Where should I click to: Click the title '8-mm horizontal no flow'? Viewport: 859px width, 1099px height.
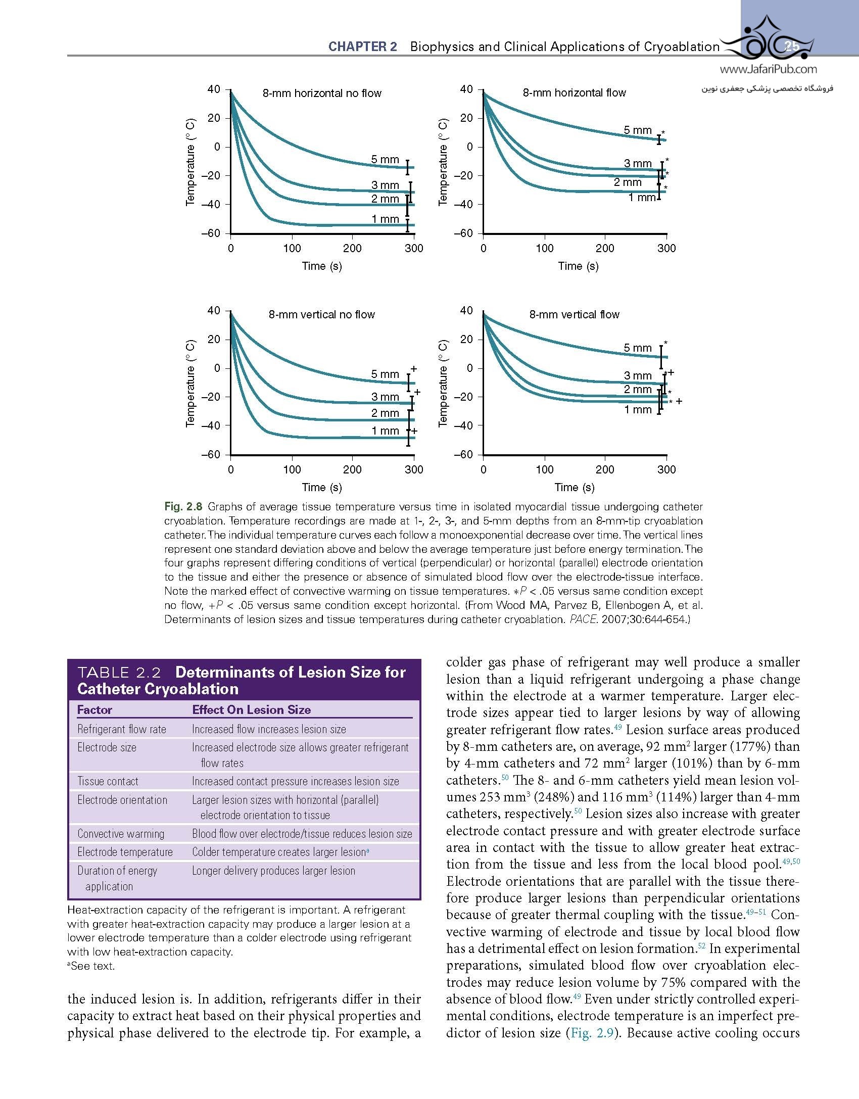tap(322, 93)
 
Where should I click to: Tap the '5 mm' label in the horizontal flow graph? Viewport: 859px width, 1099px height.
tap(638, 130)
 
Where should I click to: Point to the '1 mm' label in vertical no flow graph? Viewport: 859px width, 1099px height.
tap(385, 431)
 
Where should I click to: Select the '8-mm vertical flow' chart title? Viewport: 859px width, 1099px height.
tap(574, 314)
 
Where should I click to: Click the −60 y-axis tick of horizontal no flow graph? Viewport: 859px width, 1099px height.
tap(211, 233)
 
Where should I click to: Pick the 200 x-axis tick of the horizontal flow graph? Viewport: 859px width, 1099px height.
tap(605, 248)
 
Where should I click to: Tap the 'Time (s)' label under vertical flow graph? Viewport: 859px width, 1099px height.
tap(575, 487)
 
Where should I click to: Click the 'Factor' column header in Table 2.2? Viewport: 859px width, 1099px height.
tap(94, 710)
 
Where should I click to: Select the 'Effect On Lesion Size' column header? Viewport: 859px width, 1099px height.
tap(251, 710)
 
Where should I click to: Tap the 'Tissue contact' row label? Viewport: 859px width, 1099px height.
tap(108, 781)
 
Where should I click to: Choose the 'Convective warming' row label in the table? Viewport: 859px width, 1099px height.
tap(121, 834)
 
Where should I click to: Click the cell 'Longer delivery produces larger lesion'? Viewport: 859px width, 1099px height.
tap(273, 871)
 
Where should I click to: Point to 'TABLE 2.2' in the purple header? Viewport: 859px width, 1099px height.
tap(119, 673)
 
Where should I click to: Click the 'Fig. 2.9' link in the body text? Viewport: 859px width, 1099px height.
tap(591, 1033)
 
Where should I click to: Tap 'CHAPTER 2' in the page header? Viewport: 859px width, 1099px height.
tap(362, 47)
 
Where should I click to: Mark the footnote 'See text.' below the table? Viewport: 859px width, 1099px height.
tap(92, 966)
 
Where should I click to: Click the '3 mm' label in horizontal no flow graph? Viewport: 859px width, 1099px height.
tap(385, 185)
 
